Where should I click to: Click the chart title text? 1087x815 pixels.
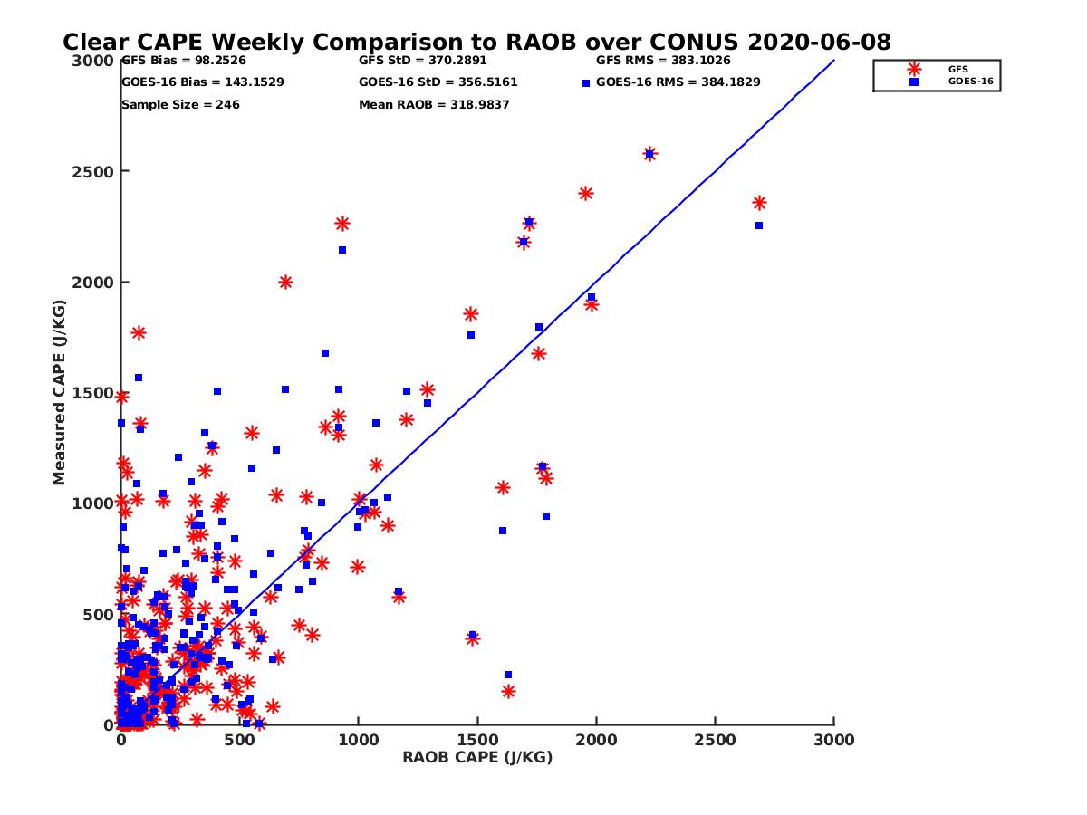[476, 43]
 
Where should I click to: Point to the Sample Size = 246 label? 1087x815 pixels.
[180, 105]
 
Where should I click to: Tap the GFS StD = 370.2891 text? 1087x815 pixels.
[422, 62]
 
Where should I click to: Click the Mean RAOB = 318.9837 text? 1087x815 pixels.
[434, 105]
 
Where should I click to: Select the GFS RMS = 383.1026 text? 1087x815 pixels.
[663, 62]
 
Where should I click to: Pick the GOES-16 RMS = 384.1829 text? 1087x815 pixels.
[678, 82]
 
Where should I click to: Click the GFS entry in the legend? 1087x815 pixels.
[957, 69]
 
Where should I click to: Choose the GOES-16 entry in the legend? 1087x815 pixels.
[970, 81]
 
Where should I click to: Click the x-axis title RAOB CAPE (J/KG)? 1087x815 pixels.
[477, 758]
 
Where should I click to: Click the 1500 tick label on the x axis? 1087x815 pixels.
[477, 740]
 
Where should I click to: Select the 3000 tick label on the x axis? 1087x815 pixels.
[833, 740]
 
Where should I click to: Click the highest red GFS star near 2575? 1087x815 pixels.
[649, 154]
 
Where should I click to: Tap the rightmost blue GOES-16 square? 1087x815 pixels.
[759, 225]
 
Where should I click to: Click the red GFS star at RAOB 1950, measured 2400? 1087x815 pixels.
[586, 193]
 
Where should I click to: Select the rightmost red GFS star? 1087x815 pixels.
[759, 203]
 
